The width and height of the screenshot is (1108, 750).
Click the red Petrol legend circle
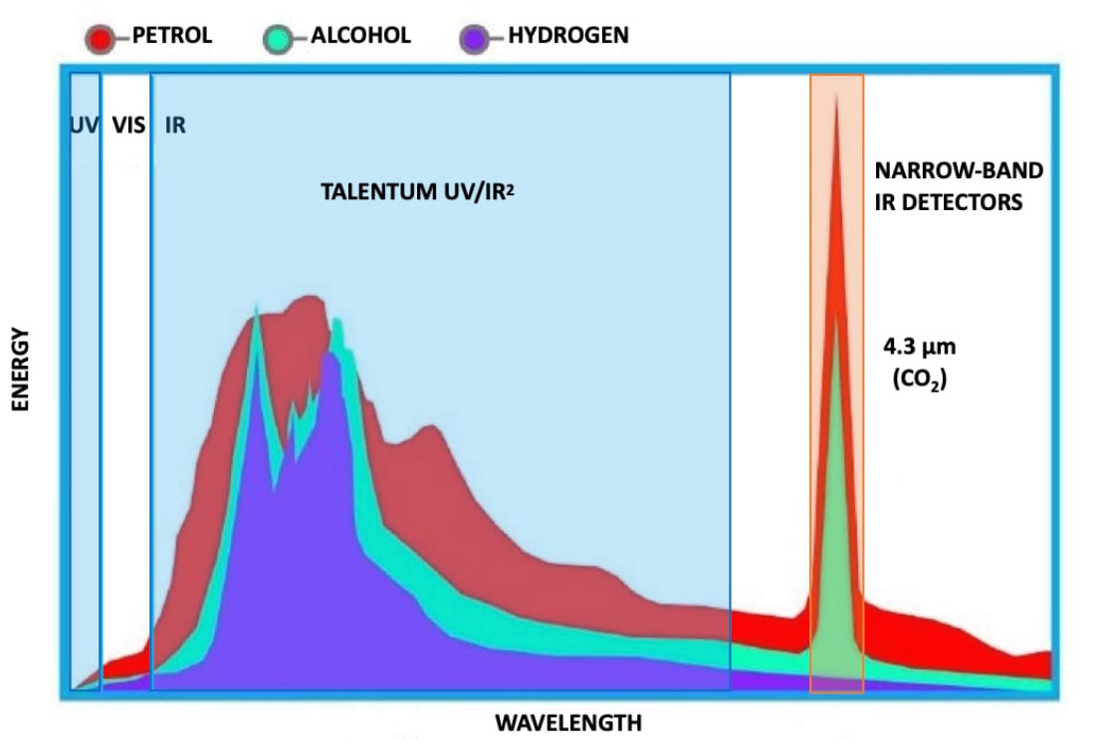click(103, 39)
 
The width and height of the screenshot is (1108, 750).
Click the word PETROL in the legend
click(172, 36)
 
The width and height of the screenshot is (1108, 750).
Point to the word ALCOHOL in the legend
click(361, 36)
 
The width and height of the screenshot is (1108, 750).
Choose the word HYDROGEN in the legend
click(568, 36)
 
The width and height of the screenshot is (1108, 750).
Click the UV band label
click(86, 126)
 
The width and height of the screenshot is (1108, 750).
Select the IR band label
click(175, 126)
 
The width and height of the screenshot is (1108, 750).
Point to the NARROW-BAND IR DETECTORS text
click(960, 186)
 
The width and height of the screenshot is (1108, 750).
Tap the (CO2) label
click(916, 378)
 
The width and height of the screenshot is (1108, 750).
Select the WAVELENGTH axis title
click(568, 721)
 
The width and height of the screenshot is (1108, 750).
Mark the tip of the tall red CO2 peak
click(836, 97)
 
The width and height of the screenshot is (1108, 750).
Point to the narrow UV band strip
click(86, 398)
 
